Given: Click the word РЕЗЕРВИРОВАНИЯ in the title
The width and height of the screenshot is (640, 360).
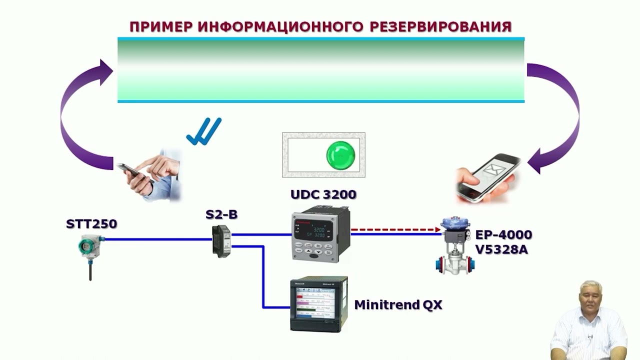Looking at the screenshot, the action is coord(440,27).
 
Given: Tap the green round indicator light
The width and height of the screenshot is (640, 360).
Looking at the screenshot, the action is coord(340,154).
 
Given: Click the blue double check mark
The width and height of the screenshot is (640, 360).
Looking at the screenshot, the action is coord(204,131).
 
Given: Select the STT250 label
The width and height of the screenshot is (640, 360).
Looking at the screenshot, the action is coord(91,223).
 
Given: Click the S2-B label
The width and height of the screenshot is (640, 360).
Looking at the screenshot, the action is coord(221,215).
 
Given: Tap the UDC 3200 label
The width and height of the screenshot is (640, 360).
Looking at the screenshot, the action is coord(323,194).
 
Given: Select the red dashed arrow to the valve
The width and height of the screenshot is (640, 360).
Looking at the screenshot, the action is coord(395,230).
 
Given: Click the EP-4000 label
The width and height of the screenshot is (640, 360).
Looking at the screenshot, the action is coord(503,235).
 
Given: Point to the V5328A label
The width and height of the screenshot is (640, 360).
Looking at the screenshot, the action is coord(501,249).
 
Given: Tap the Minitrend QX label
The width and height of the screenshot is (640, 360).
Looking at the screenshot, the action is coord(398,304).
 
